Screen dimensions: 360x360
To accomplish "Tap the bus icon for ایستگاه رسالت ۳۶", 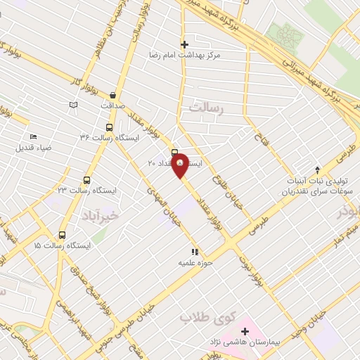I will tap(109, 127).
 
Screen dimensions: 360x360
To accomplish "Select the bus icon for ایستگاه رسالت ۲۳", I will tap(87, 180).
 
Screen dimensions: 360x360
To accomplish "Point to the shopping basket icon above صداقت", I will tap(112, 95).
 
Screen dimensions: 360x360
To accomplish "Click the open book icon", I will tap(72, 105).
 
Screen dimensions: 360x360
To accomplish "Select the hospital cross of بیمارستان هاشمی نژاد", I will tap(245, 330).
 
